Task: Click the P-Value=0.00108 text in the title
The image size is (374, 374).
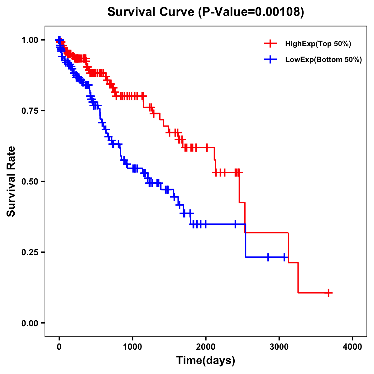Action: tap(252, 12)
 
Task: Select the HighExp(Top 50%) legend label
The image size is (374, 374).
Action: tap(318, 44)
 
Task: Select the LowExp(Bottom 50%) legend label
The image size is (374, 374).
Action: tap(324, 60)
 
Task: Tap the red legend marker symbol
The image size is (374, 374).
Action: tap(270, 44)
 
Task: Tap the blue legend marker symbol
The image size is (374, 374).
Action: tap(270, 59)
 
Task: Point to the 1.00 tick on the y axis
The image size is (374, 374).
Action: tap(30, 40)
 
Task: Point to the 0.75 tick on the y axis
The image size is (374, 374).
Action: tap(30, 111)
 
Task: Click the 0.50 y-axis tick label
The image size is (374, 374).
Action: tap(30, 181)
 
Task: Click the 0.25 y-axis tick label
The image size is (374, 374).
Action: tap(30, 252)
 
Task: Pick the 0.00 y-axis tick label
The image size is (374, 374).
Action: tap(30, 323)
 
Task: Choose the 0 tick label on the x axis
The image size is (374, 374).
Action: tap(59, 347)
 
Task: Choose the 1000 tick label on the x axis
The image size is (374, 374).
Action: tap(132, 347)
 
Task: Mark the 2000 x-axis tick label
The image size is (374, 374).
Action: tap(206, 347)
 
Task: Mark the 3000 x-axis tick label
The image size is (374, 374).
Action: tap(279, 347)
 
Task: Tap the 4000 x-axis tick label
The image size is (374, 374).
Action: tap(352, 347)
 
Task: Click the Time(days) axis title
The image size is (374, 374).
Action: tap(206, 361)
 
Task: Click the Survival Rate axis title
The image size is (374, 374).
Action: tap(11, 181)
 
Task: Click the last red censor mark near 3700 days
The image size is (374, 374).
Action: tap(328, 293)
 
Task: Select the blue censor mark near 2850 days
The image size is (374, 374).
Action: tap(268, 257)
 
